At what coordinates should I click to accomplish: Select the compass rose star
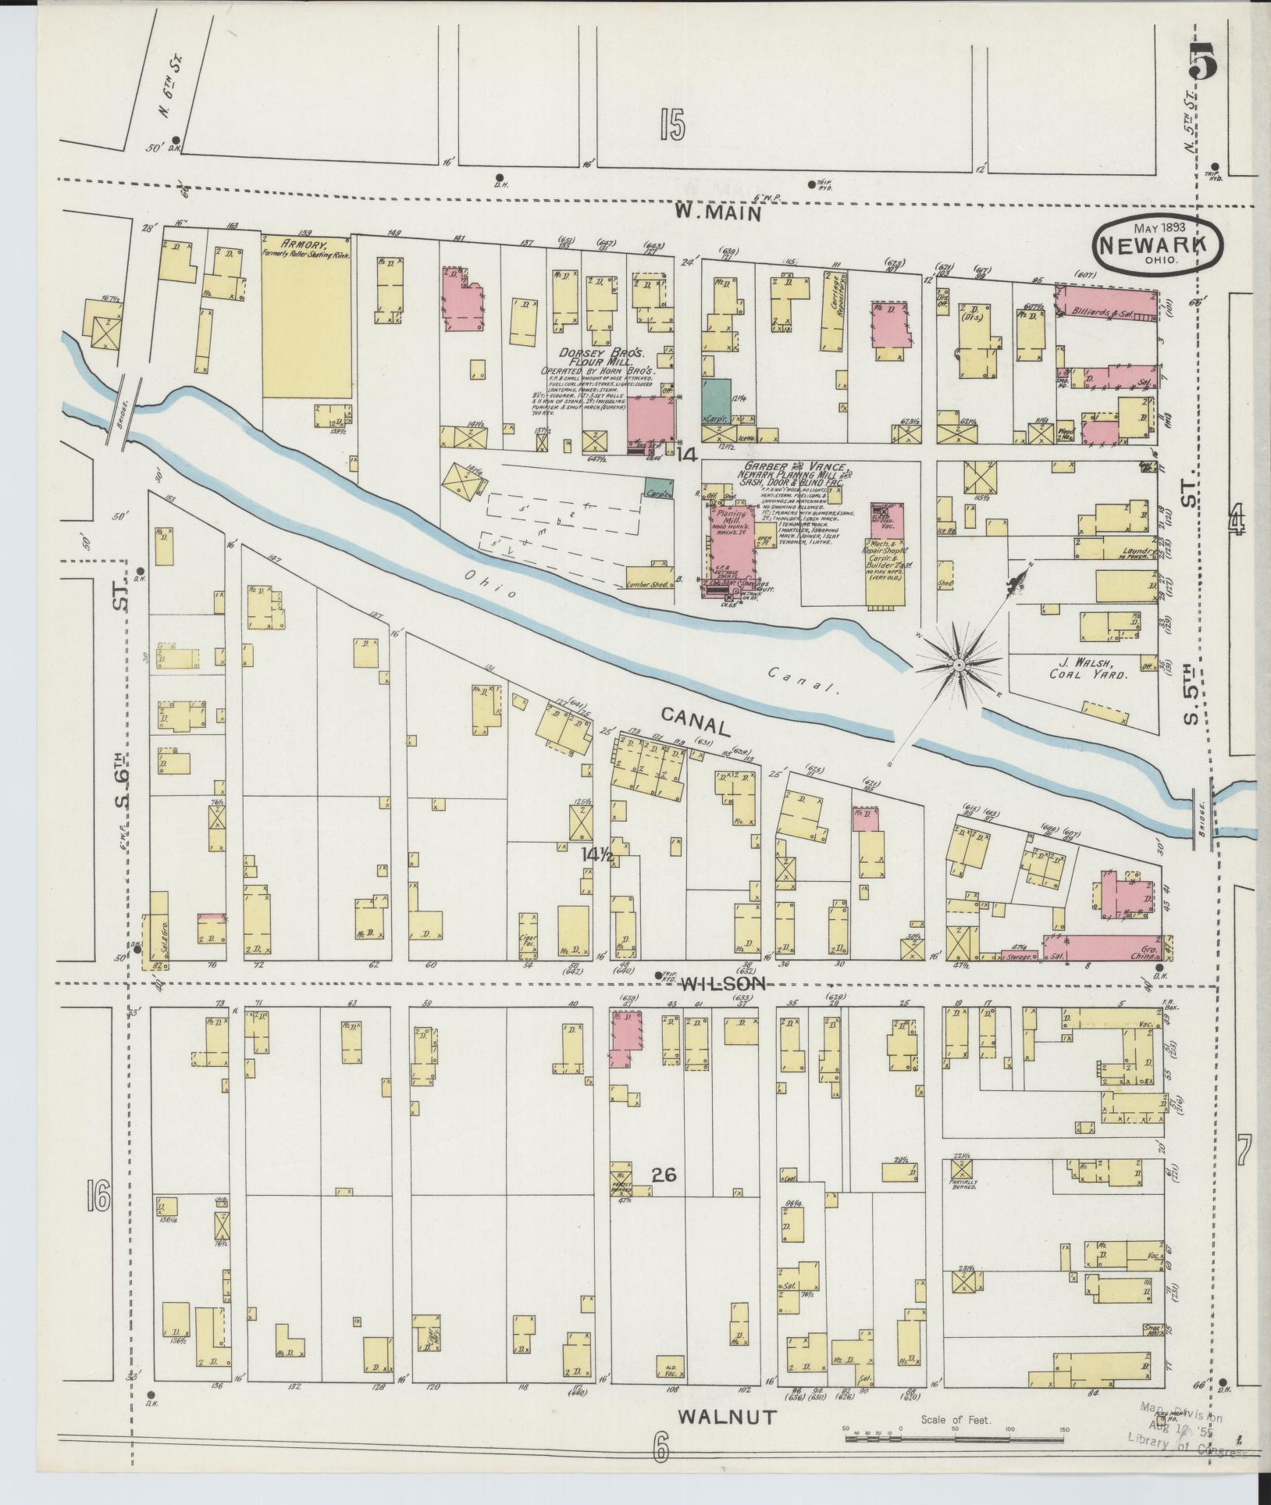958,665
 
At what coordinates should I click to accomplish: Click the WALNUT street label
727,1418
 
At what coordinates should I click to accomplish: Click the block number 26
665,1175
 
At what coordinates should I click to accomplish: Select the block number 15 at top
671,125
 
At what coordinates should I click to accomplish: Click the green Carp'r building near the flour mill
716,400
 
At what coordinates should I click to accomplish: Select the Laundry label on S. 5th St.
1130,552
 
